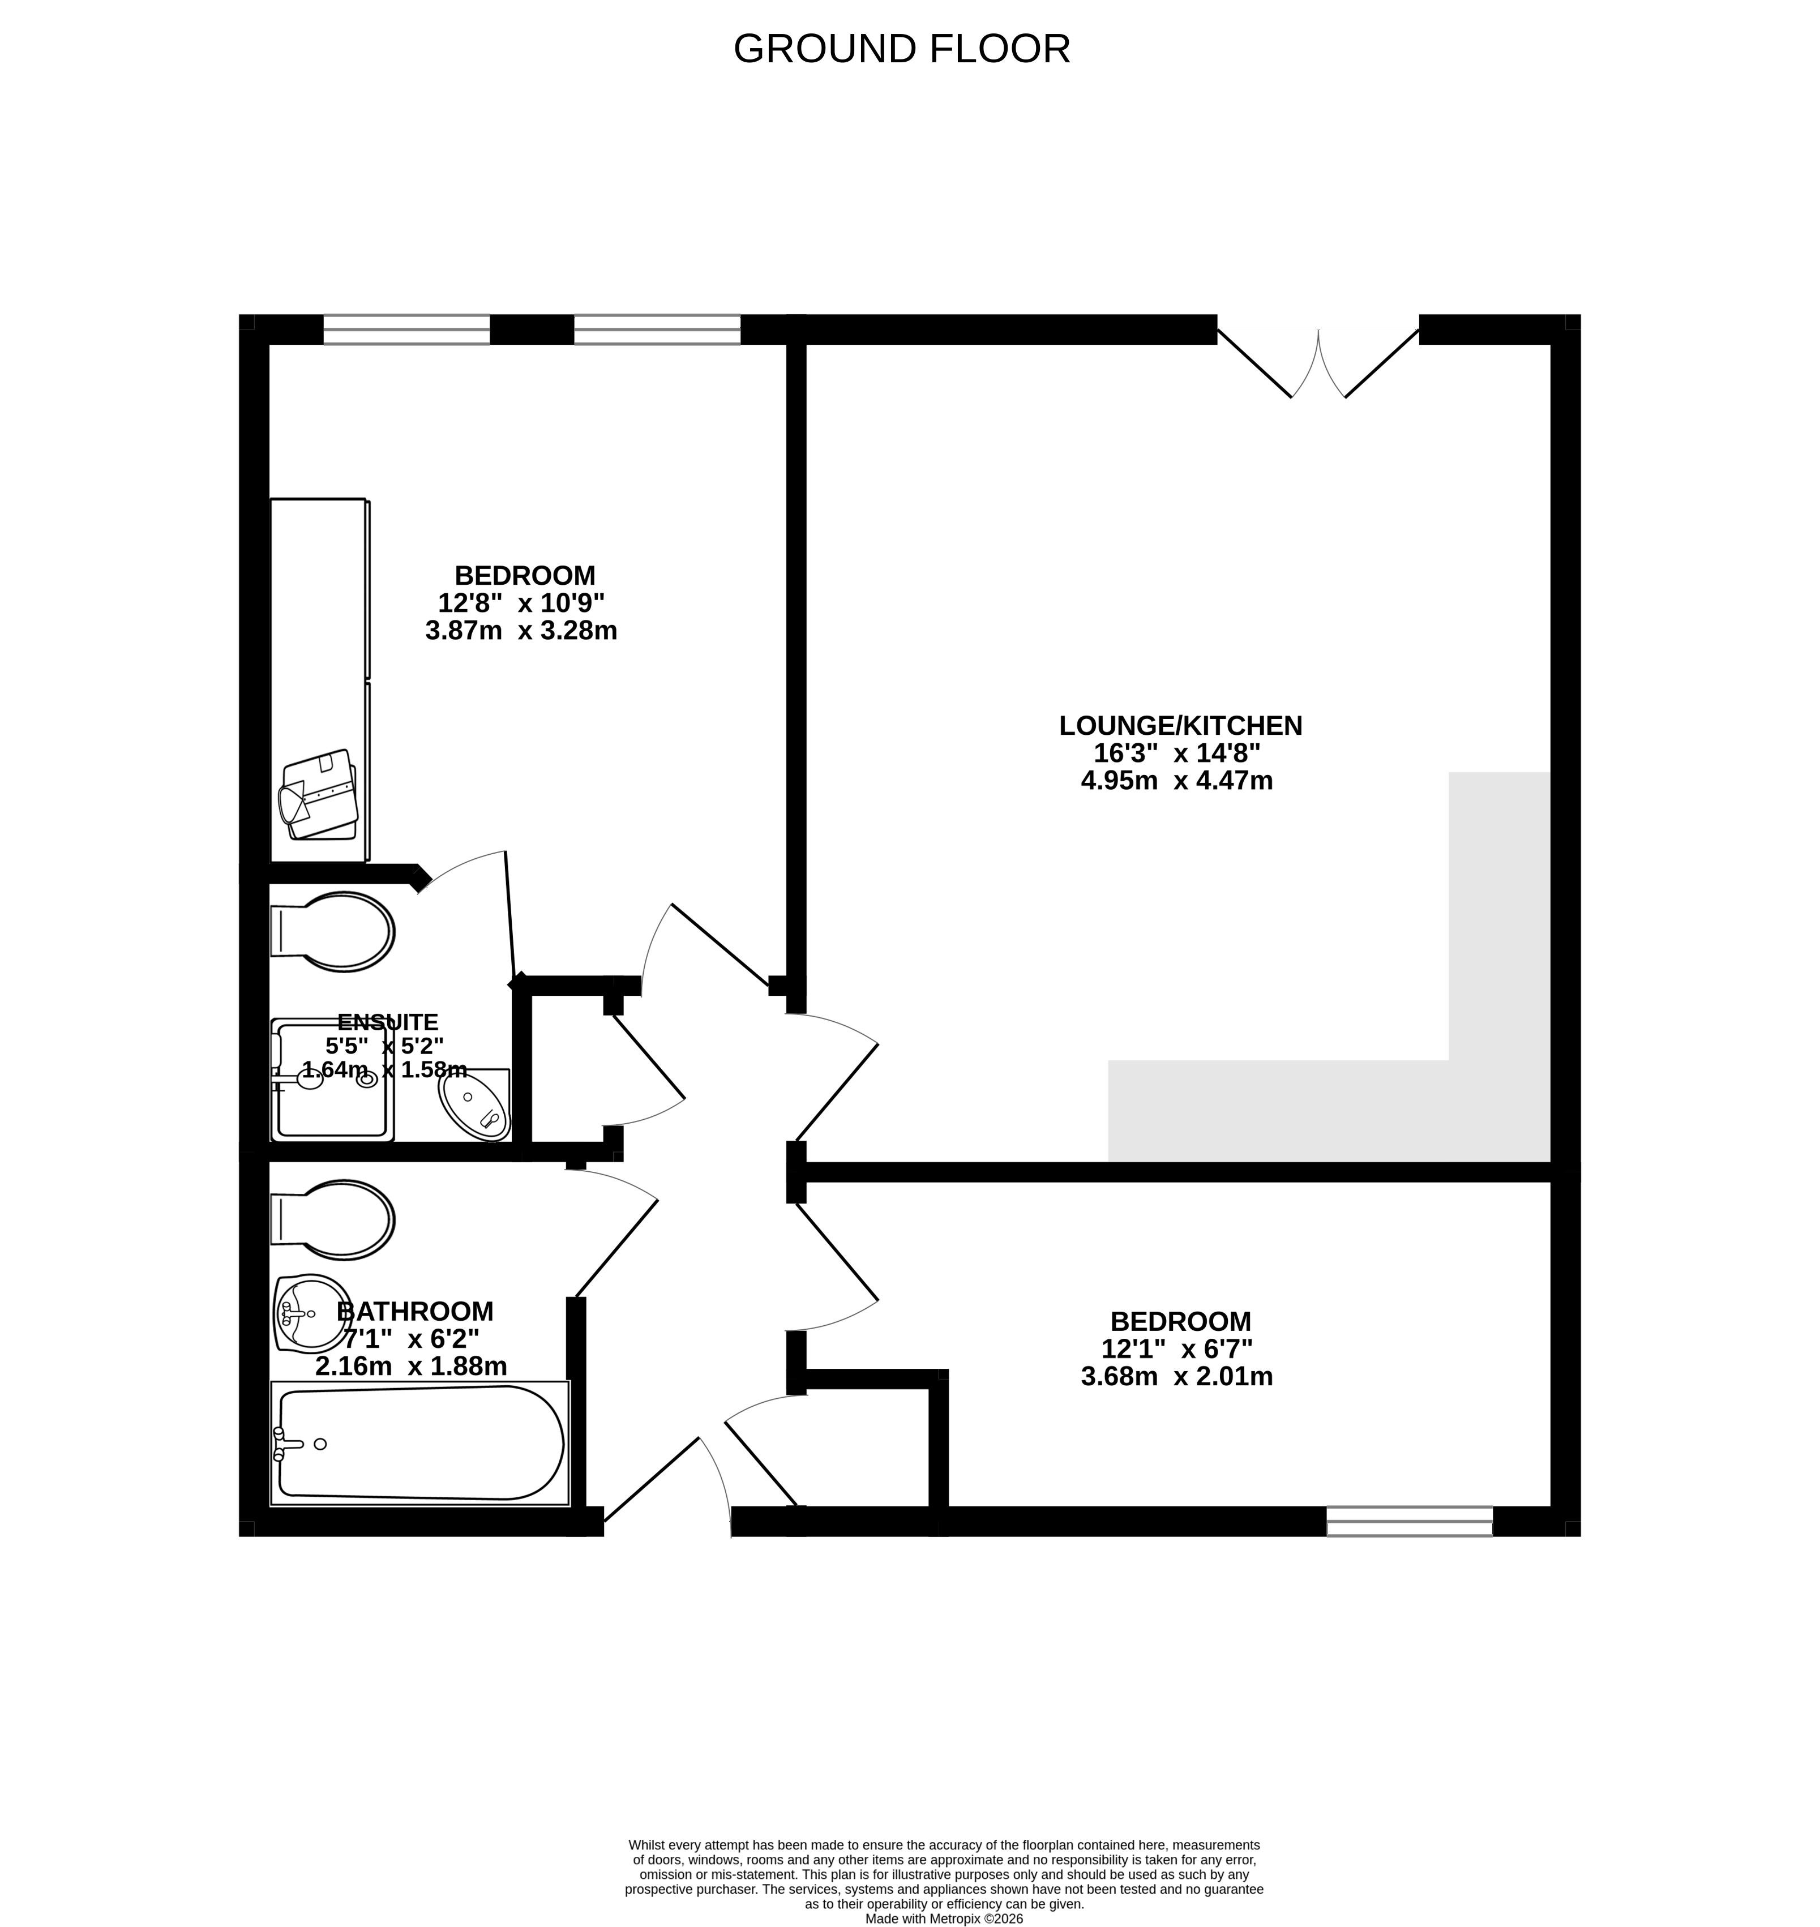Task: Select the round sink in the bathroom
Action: (x=312, y=1313)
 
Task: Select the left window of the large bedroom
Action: (x=406, y=330)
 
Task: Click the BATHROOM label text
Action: (x=415, y=1312)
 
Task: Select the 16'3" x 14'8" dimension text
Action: (x=1177, y=753)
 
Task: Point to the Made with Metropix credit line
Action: (x=944, y=1919)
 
